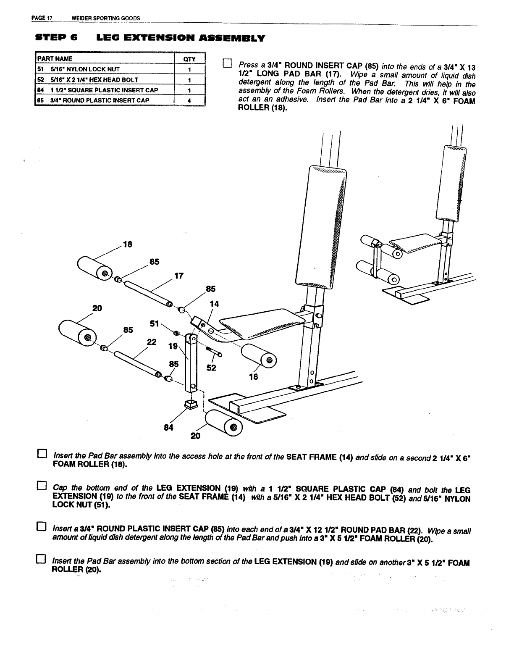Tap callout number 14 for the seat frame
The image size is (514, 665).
(x=214, y=304)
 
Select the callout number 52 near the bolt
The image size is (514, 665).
(x=212, y=368)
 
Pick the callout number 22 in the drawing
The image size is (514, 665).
(x=152, y=342)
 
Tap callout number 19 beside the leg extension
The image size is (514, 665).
(x=173, y=346)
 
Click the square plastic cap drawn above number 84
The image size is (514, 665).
(x=191, y=405)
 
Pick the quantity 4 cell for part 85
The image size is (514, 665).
(x=189, y=100)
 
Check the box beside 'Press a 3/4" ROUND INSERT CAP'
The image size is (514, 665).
(x=227, y=64)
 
